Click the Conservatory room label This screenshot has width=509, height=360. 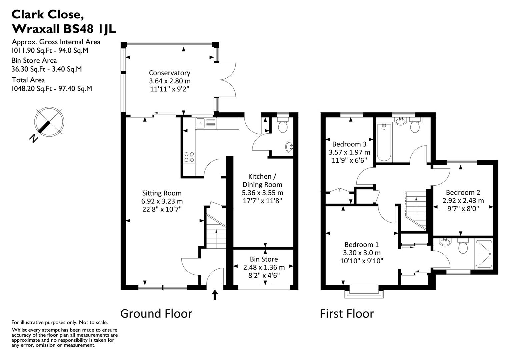point(169,73)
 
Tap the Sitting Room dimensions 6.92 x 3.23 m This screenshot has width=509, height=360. point(162,201)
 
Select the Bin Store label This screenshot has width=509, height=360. point(264,259)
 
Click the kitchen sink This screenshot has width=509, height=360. point(201,123)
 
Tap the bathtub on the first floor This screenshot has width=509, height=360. point(384,142)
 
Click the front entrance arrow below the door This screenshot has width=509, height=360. point(215,295)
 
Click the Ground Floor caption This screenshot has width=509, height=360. point(156,314)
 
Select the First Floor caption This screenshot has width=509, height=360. point(347,314)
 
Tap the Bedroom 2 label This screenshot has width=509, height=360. point(463,192)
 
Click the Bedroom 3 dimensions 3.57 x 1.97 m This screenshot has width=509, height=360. point(349,152)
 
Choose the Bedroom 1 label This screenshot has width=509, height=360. point(361,244)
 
